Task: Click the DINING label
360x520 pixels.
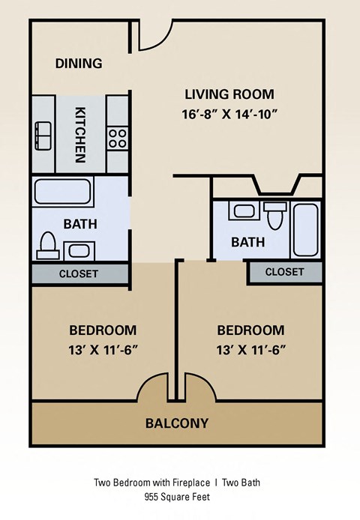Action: click(x=79, y=64)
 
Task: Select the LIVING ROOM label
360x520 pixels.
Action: click(x=229, y=94)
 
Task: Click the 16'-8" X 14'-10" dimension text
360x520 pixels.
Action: click(x=229, y=115)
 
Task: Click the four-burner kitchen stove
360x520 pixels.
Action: click(x=117, y=137)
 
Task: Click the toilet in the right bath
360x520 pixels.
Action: click(x=275, y=215)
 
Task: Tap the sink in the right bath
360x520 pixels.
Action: click(x=244, y=211)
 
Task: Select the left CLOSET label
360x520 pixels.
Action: click(x=79, y=273)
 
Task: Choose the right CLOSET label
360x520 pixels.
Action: click(x=284, y=271)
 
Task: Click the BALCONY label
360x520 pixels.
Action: click(x=177, y=423)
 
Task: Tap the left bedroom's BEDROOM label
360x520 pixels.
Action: click(x=103, y=330)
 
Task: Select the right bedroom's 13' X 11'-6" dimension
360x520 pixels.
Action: click(x=250, y=349)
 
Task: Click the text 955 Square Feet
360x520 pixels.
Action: click(x=177, y=496)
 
